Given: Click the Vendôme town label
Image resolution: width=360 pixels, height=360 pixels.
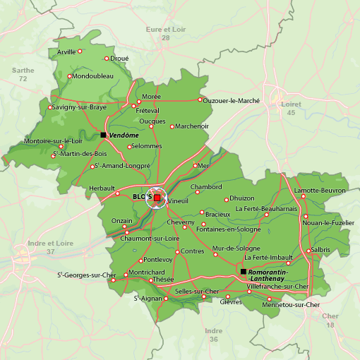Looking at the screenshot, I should coord(124,135).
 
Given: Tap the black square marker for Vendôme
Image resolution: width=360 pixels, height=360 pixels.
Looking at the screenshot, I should coord(103,135).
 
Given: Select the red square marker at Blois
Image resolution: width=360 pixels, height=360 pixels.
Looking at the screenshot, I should coord(157,198).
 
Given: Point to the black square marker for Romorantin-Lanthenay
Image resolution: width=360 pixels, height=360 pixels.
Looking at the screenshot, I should coord(243,272).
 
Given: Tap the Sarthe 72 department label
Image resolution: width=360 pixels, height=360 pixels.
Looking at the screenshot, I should coord(23,74).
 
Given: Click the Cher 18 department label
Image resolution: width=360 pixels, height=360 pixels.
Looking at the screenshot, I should coord(330,320).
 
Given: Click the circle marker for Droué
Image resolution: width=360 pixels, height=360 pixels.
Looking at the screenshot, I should coord(107,59).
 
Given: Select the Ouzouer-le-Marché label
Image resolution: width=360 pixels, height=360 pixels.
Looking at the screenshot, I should coord(232,100).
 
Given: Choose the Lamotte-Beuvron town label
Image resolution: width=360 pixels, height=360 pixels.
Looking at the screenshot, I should coord(320,191).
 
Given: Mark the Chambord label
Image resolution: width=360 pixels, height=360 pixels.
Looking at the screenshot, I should coord(206,187).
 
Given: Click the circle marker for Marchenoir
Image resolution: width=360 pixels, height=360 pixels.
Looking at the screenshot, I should coord(172,126).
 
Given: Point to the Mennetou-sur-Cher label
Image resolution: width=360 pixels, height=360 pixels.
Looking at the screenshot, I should coord(291,305).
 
